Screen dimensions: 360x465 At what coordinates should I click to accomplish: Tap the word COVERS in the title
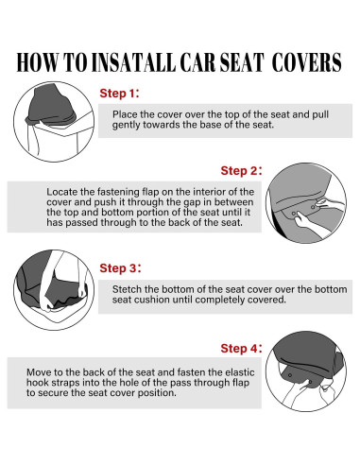pos(306,62)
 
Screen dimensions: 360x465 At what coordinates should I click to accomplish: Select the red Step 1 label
pos(119,94)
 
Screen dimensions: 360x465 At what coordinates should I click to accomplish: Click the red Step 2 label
pos(241,171)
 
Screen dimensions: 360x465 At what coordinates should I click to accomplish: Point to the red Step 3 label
pos(120,268)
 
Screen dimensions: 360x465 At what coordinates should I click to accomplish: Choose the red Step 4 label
pos(241,349)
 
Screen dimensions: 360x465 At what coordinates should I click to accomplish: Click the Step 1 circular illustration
pos(54,122)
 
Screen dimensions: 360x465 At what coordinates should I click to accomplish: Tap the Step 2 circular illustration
pos(306,203)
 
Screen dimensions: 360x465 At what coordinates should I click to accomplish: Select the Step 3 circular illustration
pos(54,290)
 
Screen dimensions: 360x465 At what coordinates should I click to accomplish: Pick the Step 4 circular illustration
pos(306,371)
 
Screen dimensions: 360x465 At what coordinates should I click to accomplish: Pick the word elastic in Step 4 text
pos(240,372)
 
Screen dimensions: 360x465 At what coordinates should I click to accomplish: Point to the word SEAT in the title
pos(241,62)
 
